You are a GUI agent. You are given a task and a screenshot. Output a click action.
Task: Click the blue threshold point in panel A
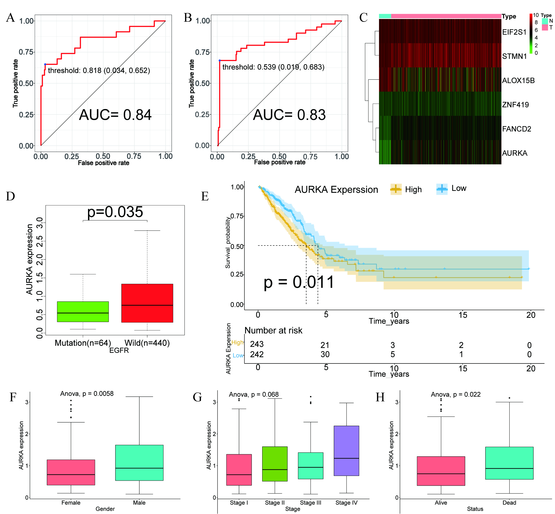pos(45,64)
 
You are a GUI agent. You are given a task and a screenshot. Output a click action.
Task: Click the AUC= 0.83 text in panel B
pos(289,115)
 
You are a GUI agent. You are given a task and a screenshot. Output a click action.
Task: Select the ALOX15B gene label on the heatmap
pos(518,81)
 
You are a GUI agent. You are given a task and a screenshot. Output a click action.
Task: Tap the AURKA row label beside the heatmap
pos(514,153)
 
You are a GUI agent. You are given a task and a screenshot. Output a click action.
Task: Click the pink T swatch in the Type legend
pos(545,27)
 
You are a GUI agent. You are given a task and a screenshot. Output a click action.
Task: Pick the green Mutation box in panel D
pos(83,312)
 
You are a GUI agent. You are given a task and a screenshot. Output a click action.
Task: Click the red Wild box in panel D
pos(147,303)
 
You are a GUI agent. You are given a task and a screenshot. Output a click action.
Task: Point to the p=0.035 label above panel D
pos(115,212)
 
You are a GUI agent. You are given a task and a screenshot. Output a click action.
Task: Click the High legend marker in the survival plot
pos(396,189)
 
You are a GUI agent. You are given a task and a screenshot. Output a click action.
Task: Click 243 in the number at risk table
pos(257,344)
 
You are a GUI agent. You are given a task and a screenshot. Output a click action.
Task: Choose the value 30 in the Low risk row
pos(325,354)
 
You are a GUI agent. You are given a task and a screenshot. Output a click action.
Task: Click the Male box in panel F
pos(139,463)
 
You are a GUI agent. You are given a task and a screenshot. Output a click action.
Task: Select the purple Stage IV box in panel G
pos(346,450)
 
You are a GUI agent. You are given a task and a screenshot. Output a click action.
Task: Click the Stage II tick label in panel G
pos(275,503)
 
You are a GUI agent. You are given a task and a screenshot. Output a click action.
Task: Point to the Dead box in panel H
pos(509,463)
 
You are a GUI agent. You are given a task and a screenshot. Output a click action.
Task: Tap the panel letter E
pos(205,196)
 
